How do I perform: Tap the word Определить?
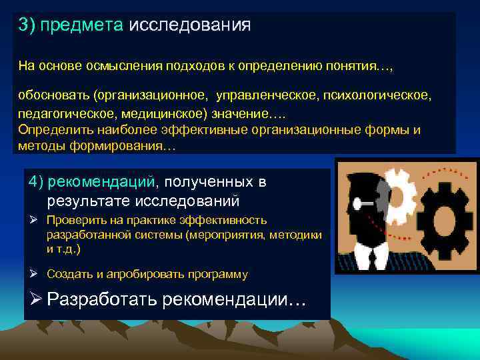[51, 129]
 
